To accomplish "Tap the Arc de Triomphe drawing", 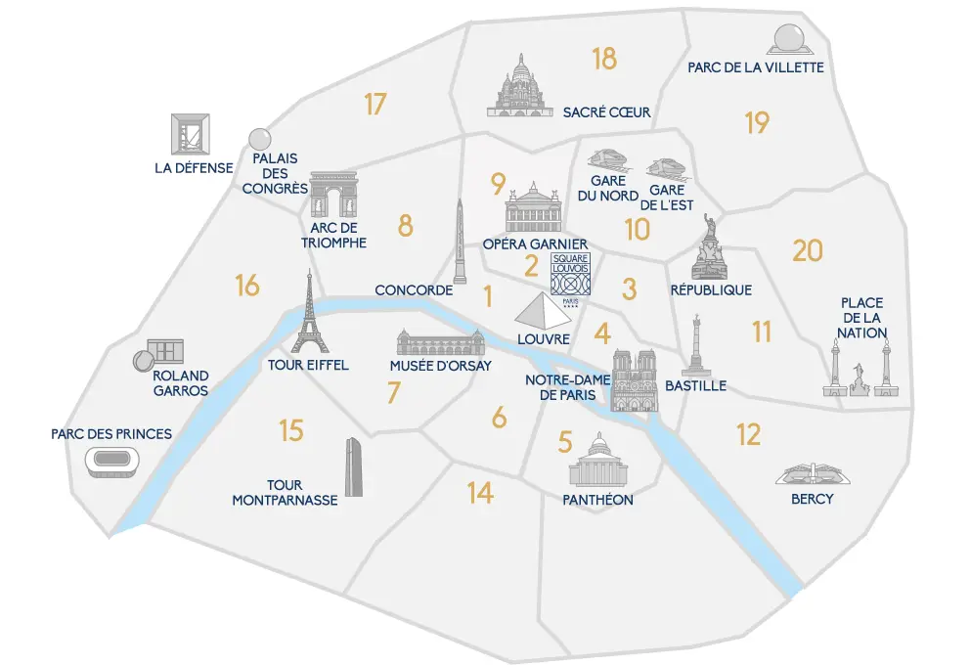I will [333, 197].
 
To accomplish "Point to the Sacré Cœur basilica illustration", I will [520, 86].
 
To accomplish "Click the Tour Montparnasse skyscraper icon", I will [354, 467].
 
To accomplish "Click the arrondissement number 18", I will [604, 60].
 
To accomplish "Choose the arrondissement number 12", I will [748, 433].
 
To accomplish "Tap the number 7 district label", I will [394, 393].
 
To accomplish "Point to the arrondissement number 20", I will [808, 251].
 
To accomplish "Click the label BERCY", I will [813, 499].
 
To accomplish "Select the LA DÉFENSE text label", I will [194, 167].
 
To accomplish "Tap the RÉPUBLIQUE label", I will [711, 289].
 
